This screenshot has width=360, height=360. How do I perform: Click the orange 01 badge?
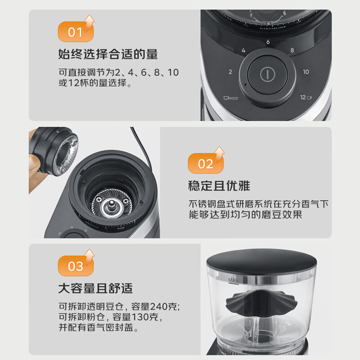(x=76, y=31)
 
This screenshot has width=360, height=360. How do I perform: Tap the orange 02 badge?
(x=206, y=163)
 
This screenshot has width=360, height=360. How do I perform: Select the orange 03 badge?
(x=76, y=265)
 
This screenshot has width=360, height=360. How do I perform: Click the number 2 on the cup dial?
(x=230, y=72)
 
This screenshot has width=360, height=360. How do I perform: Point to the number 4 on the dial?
(x=243, y=50)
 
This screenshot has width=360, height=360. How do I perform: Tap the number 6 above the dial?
(x=268, y=42)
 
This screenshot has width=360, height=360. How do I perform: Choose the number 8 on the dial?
(x=292, y=50)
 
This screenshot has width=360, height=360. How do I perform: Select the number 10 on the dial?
(x=306, y=72)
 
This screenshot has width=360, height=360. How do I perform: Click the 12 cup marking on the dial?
(x=306, y=97)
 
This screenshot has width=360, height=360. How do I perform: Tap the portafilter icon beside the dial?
(x=230, y=98)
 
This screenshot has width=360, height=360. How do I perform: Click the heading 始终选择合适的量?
(x=108, y=54)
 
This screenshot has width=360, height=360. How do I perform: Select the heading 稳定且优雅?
(x=219, y=185)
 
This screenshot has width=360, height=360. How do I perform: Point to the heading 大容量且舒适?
(x=95, y=288)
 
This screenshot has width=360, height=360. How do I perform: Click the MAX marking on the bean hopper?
(x=234, y=280)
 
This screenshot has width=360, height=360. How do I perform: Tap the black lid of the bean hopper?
(x=262, y=260)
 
